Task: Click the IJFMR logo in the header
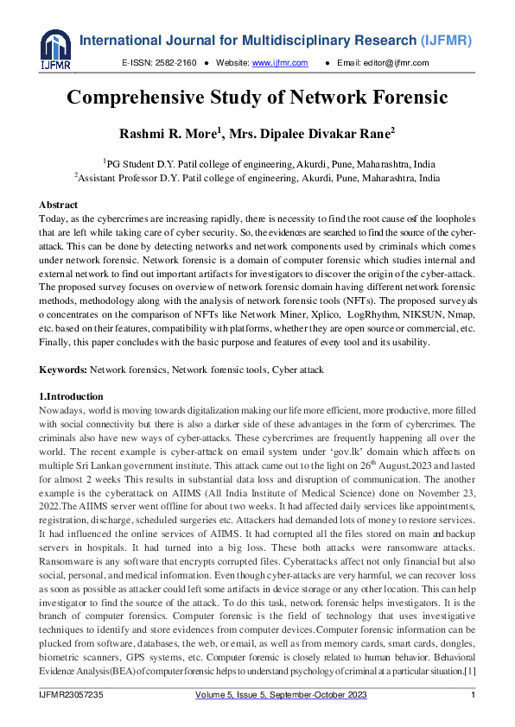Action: pos(54,48)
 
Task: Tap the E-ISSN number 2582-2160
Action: pos(175,63)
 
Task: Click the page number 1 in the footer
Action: pos(473,696)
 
